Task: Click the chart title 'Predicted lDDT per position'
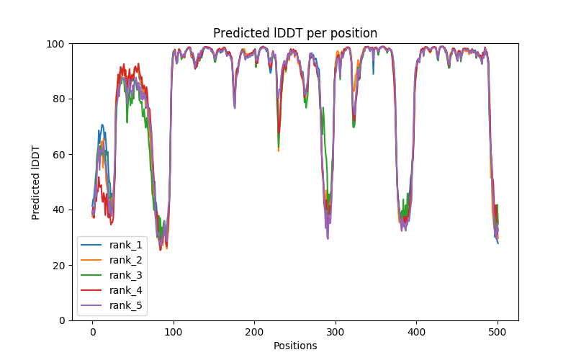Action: pyautogui.click(x=295, y=33)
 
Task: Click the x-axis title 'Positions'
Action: pyautogui.click(x=295, y=346)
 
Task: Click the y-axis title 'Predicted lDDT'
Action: pyautogui.click(x=36, y=181)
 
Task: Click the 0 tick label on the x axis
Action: pyautogui.click(x=92, y=331)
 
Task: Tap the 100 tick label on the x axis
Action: pyautogui.click(x=174, y=331)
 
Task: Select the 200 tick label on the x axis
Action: pyautogui.click(x=254, y=331)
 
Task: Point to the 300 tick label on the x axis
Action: pyautogui.click(x=336, y=331)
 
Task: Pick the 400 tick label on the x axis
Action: pyautogui.click(x=417, y=331)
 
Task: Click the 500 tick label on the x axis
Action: pyautogui.click(x=498, y=331)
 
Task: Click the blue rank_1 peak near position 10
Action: pyautogui.click(x=102, y=125)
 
